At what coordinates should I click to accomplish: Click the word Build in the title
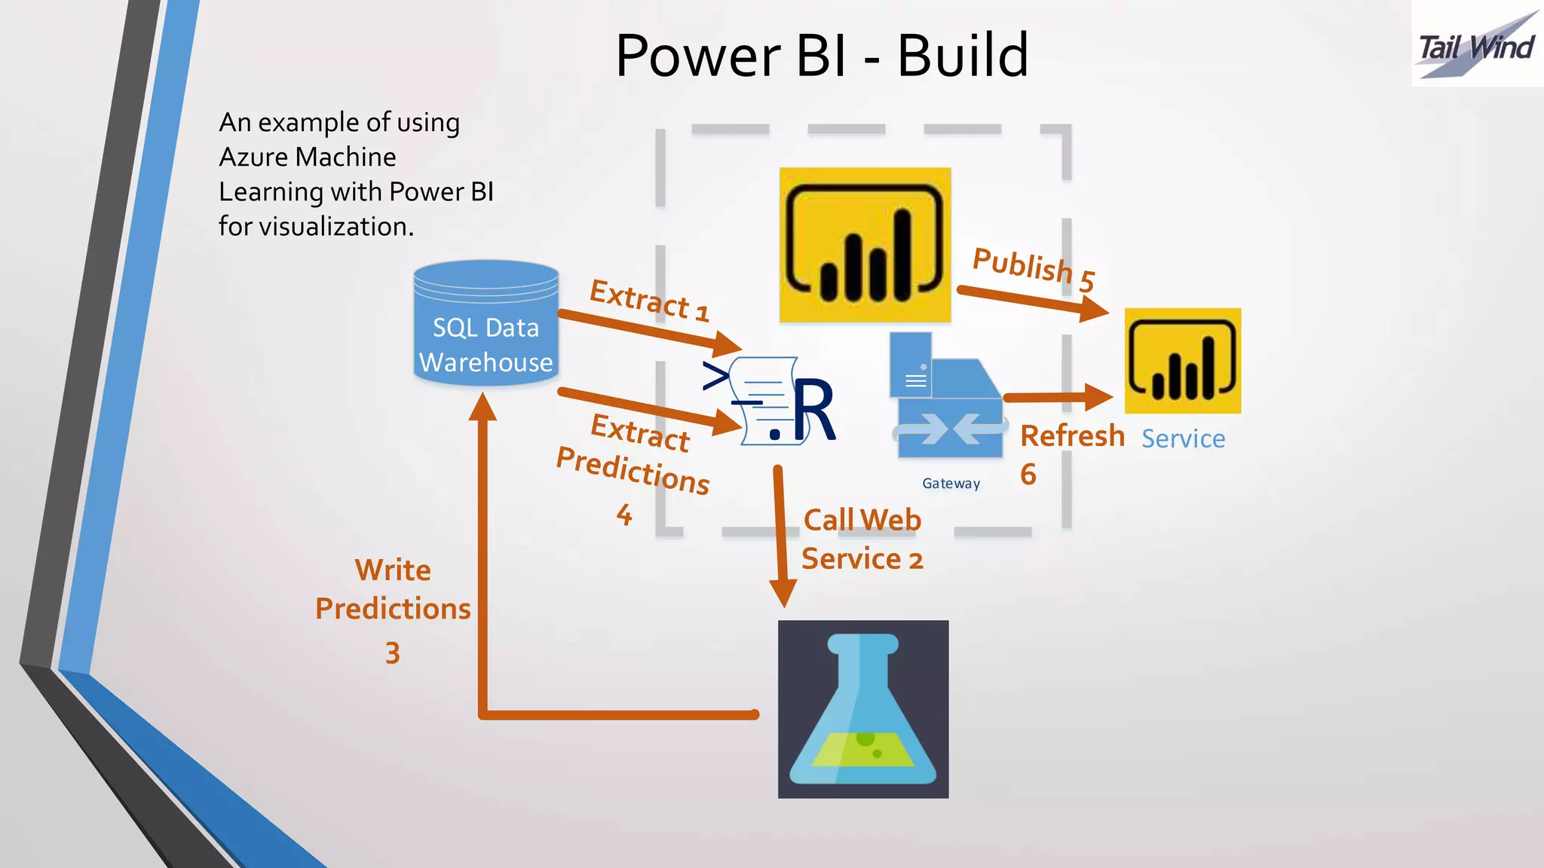[x=963, y=56]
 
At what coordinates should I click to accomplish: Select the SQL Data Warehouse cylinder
[x=486, y=324]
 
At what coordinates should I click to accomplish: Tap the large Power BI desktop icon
[x=865, y=245]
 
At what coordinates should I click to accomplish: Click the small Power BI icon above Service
[x=1182, y=360]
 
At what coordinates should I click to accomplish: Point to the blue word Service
[x=1183, y=439]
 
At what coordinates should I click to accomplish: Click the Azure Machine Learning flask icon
[x=863, y=709]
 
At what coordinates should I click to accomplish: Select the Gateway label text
[x=951, y=484]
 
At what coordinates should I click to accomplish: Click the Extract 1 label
[x=649, y=301]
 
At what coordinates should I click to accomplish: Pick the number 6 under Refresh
[x=1028, y=475]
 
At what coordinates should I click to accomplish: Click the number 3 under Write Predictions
[x=393, y=653]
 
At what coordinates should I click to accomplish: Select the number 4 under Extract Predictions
[x=624, y=515]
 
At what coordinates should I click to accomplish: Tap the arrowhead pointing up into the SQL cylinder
[x=482, y=407]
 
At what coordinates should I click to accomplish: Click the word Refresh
[x=1072, y=436]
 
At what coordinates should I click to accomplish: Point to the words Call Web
[x=862, y=520]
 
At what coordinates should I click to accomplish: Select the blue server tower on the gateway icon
[x=911, y=365]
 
